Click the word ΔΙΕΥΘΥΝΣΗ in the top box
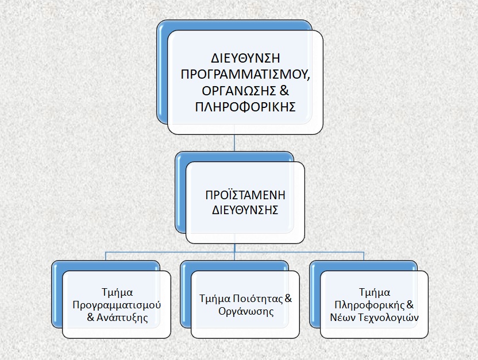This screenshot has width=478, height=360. pyautogui.click(x=245, y=58)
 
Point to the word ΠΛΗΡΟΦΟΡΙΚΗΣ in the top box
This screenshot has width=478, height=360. pyautogui.click(x=245, y=107)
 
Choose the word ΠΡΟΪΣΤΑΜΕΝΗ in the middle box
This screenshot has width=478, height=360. pyautogui.click(x=245, y=195)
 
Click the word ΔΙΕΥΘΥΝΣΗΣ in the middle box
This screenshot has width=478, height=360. pyautogui.click(x=245, y=210)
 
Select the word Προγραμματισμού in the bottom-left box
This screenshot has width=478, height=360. pyautogui.click(x=117, y=305)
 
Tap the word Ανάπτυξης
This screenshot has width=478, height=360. pyautogui.click(x=122, y=318)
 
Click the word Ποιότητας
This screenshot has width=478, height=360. pyautogui.click(x=258, y=299)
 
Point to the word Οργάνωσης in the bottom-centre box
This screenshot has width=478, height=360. pyautogui.click(x=246, y=312)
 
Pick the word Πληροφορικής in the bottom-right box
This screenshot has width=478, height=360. pyautogui.click(x=370, y=305)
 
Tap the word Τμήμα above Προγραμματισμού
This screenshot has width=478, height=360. pyautogui.click(x=117, y=292)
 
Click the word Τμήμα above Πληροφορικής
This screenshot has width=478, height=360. pyautogui.click(x=375, y=292)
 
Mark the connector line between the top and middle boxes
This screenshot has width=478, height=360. pyautogui.click(x=234, y=142)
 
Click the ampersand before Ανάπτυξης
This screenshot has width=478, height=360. pyautogui.click(x=91, y=318)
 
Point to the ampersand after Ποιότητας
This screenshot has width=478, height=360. pyautogui.click(x=288, y=299)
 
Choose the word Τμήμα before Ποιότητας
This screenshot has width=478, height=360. pyautogui.click(x=215, y=299)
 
